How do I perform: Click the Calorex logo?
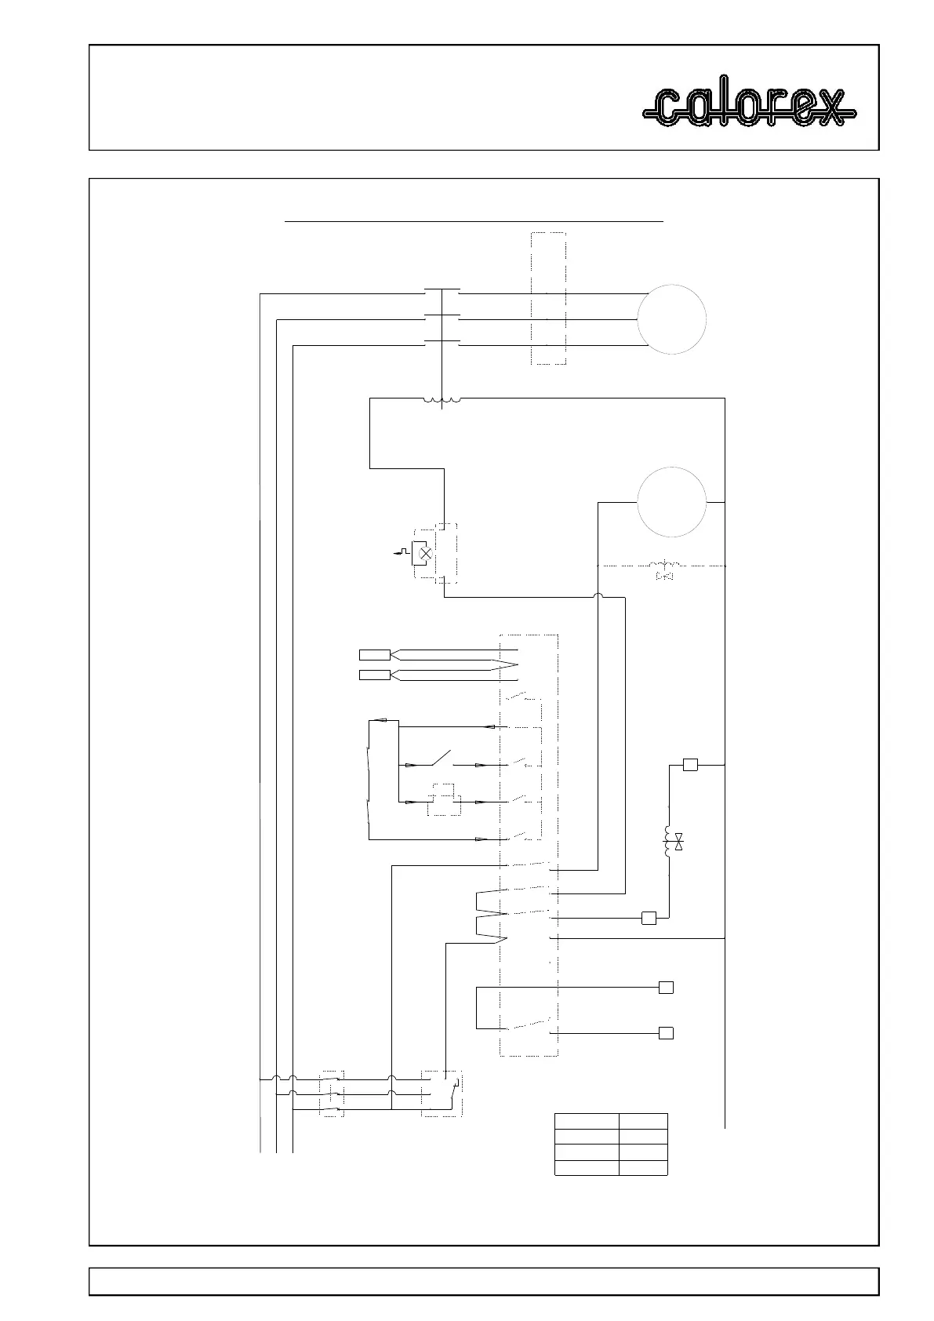749,107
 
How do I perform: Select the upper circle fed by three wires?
671,319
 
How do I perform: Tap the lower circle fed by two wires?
671,502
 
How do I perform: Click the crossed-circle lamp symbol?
426,553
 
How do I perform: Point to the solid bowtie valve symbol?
679,843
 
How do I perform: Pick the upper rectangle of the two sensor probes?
374,655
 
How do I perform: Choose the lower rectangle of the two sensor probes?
374,675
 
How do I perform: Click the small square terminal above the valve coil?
690,765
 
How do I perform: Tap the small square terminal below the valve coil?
649,918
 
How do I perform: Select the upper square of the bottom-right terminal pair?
666,988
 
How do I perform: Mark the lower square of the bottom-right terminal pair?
666,1033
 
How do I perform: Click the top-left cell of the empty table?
586,1120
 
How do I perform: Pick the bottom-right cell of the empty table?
643,1167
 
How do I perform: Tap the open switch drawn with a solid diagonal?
440,759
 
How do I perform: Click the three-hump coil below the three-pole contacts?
442,401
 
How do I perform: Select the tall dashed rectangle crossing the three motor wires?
548,298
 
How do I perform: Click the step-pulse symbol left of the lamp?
402,552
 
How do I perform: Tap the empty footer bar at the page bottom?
483,1282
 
